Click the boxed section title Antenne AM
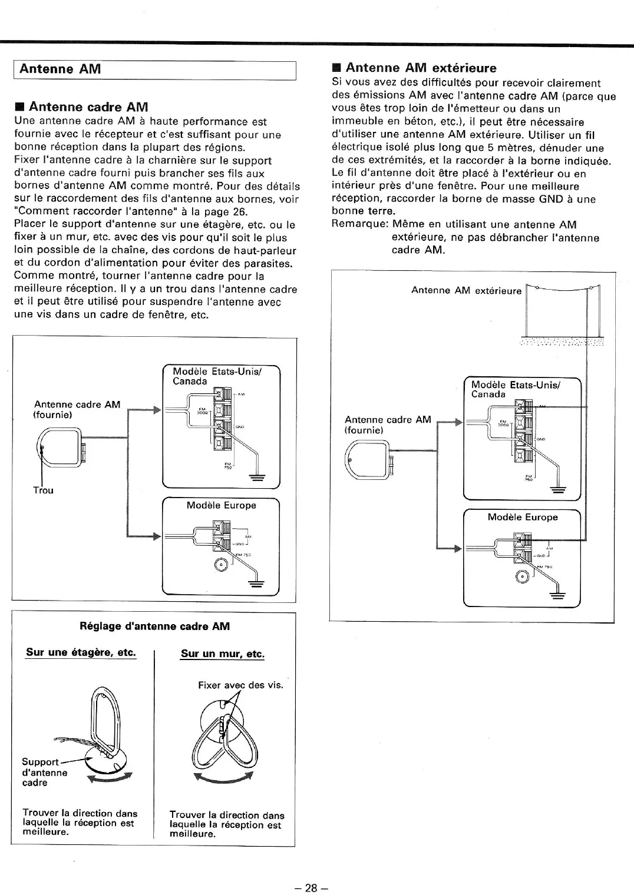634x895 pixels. tap(60, 69)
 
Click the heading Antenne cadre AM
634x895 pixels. tap(88, 107)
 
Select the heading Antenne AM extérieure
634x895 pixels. tap(421, 68)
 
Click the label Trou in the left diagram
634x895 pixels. tap(43, 490)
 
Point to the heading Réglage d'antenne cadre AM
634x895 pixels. tap(154, 626)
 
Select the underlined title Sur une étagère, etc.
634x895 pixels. tap(81, 652)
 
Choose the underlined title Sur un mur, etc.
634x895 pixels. tap(223, 654)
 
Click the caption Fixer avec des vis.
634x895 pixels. tap(240, 685)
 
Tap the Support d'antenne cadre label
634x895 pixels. tap(45, 772)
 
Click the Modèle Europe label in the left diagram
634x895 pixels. tap(221, 505)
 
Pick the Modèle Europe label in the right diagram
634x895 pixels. tap(522, 517)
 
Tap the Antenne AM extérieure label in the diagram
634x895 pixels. tap(466, 290)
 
